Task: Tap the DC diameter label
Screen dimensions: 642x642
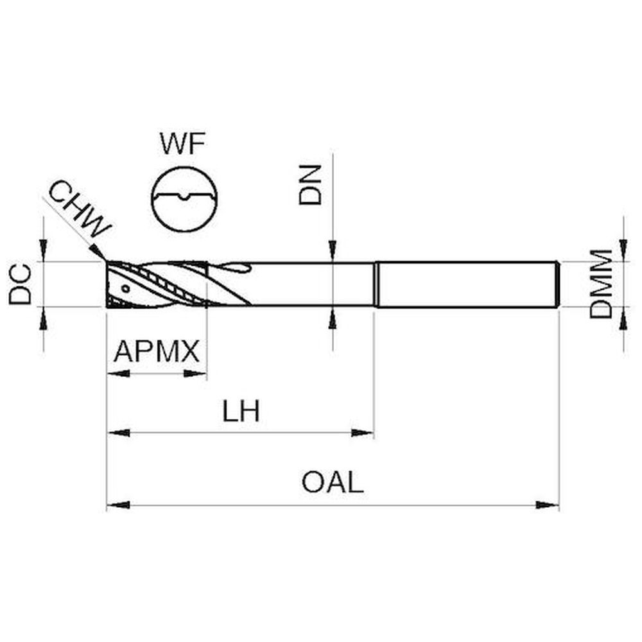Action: point(22,284)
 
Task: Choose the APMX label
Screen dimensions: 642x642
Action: point(157,352)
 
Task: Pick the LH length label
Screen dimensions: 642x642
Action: point(241,412)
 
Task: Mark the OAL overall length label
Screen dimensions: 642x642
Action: point(333,483)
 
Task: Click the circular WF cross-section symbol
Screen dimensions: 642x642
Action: point(184,198)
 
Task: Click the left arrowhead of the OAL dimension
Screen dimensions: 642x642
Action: point(117,505)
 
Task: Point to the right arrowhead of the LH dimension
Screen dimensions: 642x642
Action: point(363,433)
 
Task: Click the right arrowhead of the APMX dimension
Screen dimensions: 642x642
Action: point(196,373)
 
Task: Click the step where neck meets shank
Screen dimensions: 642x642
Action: point(376,284)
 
